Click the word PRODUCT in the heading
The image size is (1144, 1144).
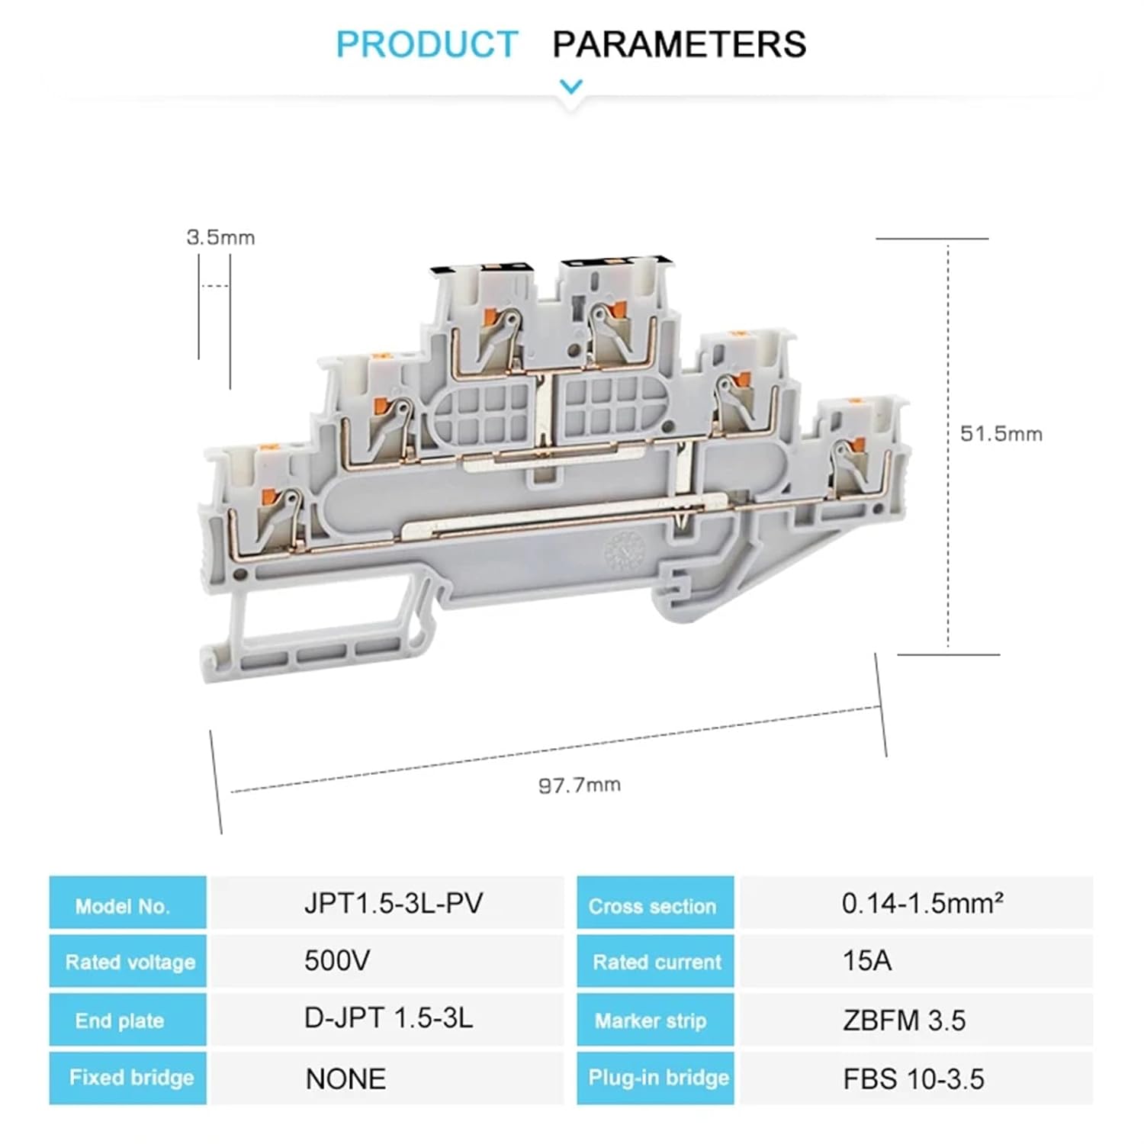tap(426, 44)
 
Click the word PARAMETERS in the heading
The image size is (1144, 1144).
tap(679, 44)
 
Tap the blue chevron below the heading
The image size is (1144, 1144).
tap(571, 87)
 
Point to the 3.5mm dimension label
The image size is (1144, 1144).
tap(220, 237)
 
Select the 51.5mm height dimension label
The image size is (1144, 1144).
tap(1001, 434)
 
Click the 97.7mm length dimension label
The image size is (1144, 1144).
tap(580, 785)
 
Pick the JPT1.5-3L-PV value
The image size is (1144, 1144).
tap(394, 904)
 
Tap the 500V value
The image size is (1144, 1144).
tap(337, 961)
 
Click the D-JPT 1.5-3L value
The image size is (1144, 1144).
tap(388, 1018)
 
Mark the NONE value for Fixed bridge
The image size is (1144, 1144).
tap(345, 1078)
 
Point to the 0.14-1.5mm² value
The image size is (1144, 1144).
tap(922, 904)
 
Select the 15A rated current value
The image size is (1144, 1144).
tap(866, 961)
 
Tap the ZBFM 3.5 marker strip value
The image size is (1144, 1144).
tap(904, 1020)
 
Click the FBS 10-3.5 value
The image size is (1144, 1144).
tap(913, 1078)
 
